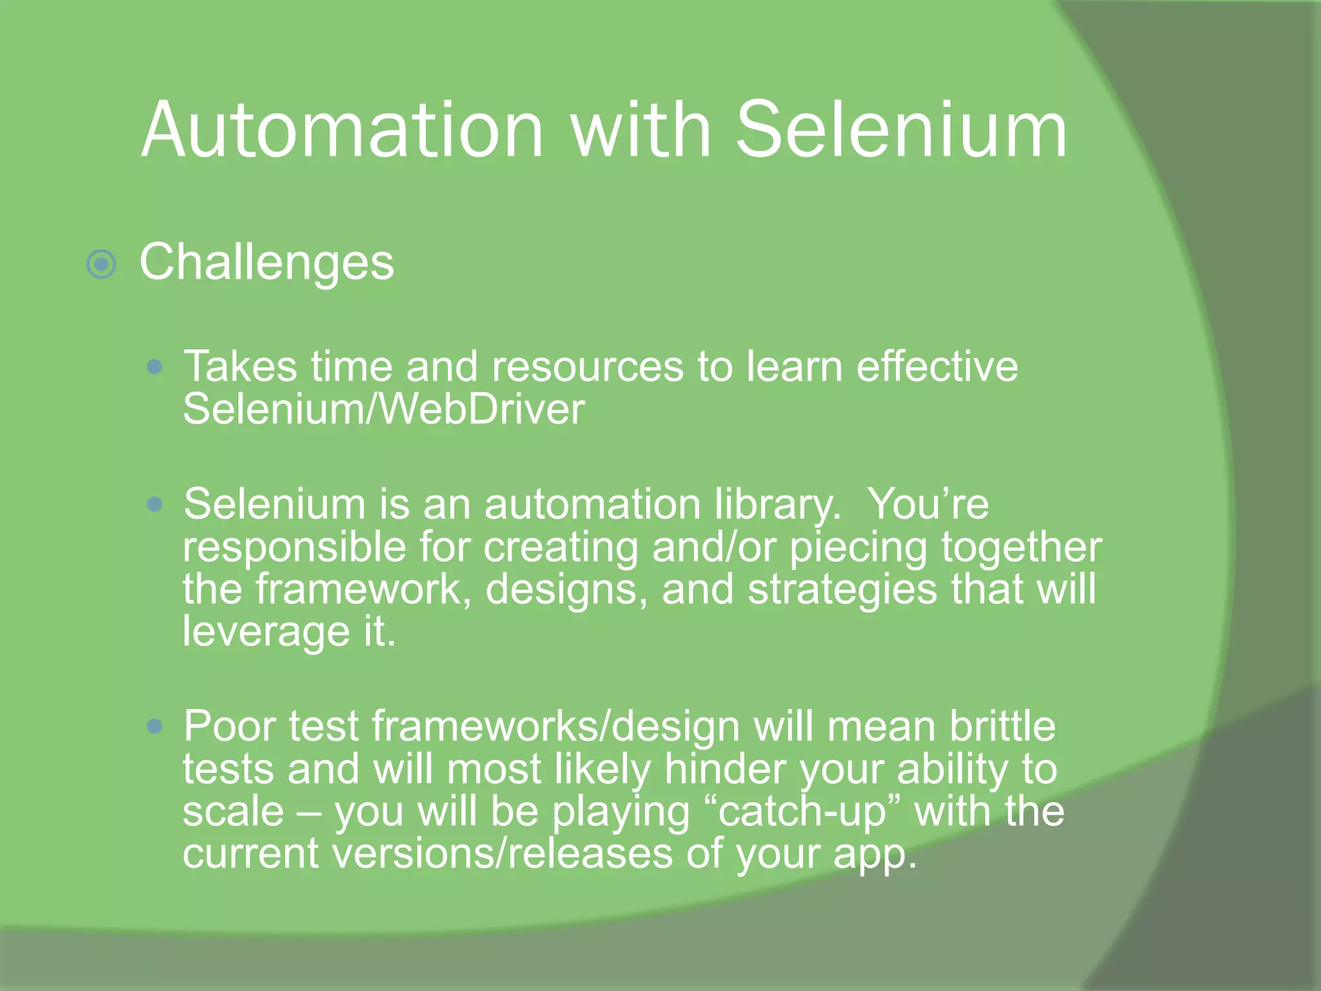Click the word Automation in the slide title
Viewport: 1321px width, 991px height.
(x=342, y=130)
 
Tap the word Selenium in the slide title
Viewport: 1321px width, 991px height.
(x=902, y=130)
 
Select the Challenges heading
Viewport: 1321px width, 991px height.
(x=266, y=263)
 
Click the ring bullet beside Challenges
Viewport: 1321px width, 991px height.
(x=101, y=264)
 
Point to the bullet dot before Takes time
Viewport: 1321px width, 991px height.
(x=154, y=368)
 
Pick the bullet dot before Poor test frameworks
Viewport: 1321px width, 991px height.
(x=154, y=727)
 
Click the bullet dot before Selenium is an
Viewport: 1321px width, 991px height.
(x=154, y=504)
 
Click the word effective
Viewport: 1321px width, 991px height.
(x=937, y=367)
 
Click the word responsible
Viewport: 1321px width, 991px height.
(x=294, y=548)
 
